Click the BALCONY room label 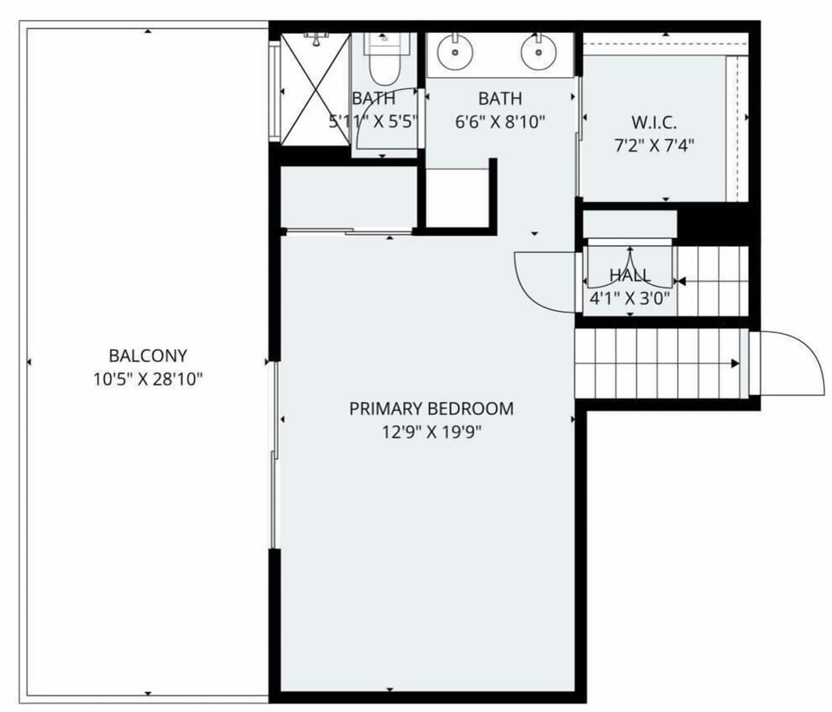click(147, 356)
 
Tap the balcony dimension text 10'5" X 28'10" click(147, 379)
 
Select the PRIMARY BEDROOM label click(431, 408)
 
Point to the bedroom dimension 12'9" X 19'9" click(431, 431)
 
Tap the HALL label click(630, 276)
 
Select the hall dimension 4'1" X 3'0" click(630, 299)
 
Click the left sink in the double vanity click(454, 53)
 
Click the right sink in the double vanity click(538, 53)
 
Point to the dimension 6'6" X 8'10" click(500, 122)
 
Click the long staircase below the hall click(659, 364)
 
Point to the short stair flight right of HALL click(711, 279)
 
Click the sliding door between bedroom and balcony click(275, 455)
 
